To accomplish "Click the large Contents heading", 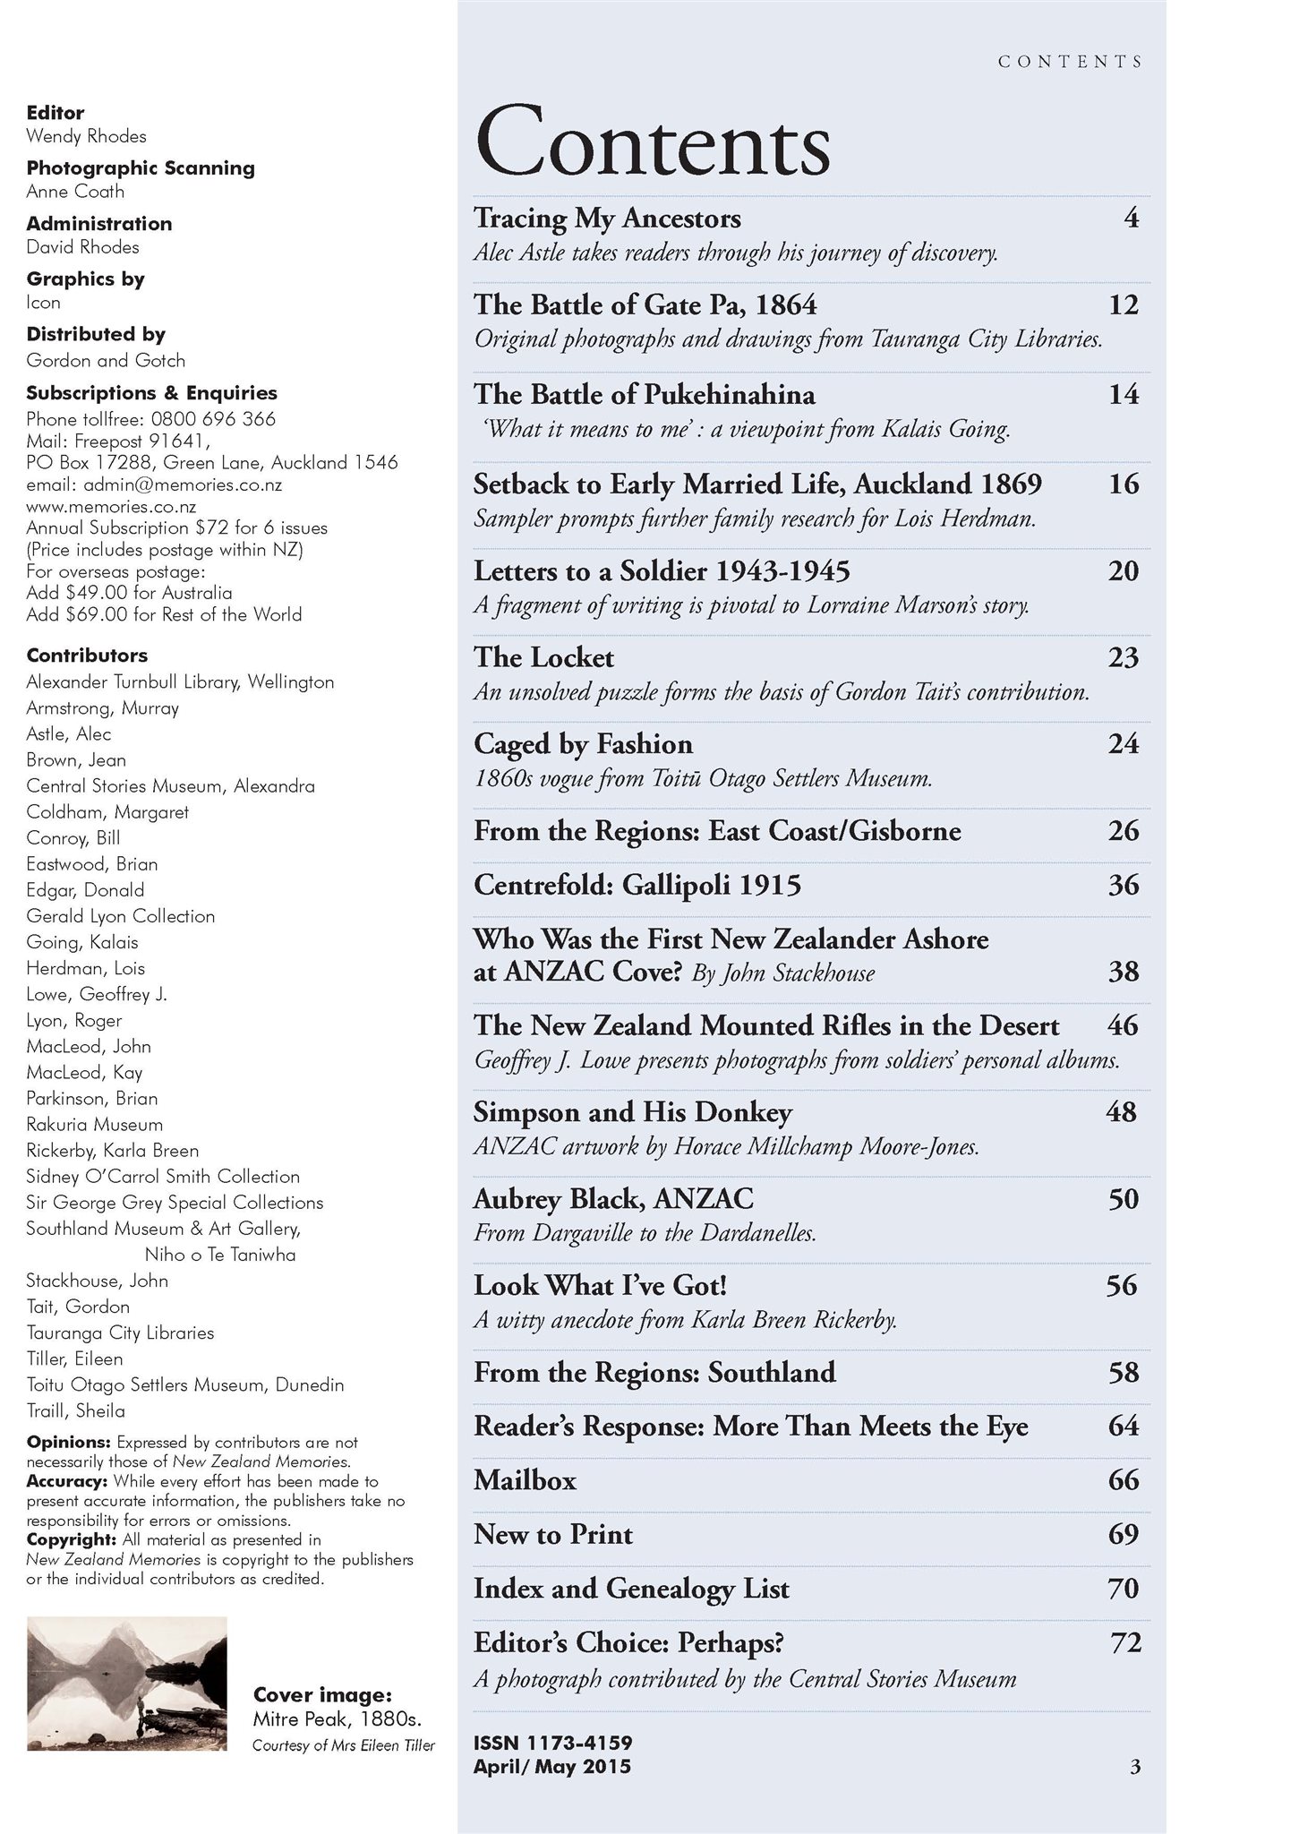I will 653,141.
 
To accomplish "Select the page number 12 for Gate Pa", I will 1123,305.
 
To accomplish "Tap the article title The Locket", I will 543,658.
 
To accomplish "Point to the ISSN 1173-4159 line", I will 552,1743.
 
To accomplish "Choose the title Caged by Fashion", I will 583,744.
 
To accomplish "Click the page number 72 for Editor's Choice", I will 1125,1643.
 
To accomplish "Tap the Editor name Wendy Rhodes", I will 86,136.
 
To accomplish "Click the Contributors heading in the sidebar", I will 87,656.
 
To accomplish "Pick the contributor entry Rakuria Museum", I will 94,1125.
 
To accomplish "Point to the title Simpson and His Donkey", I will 632,1112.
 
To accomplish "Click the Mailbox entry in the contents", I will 525,1480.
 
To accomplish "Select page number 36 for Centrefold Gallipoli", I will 1123,886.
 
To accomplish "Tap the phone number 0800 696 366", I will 213,419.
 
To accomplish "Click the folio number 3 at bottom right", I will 1135,1767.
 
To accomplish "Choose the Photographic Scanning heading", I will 141,168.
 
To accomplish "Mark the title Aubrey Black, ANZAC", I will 613,1199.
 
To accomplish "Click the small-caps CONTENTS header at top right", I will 1071,62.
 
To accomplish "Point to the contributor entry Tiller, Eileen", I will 74,1358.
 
